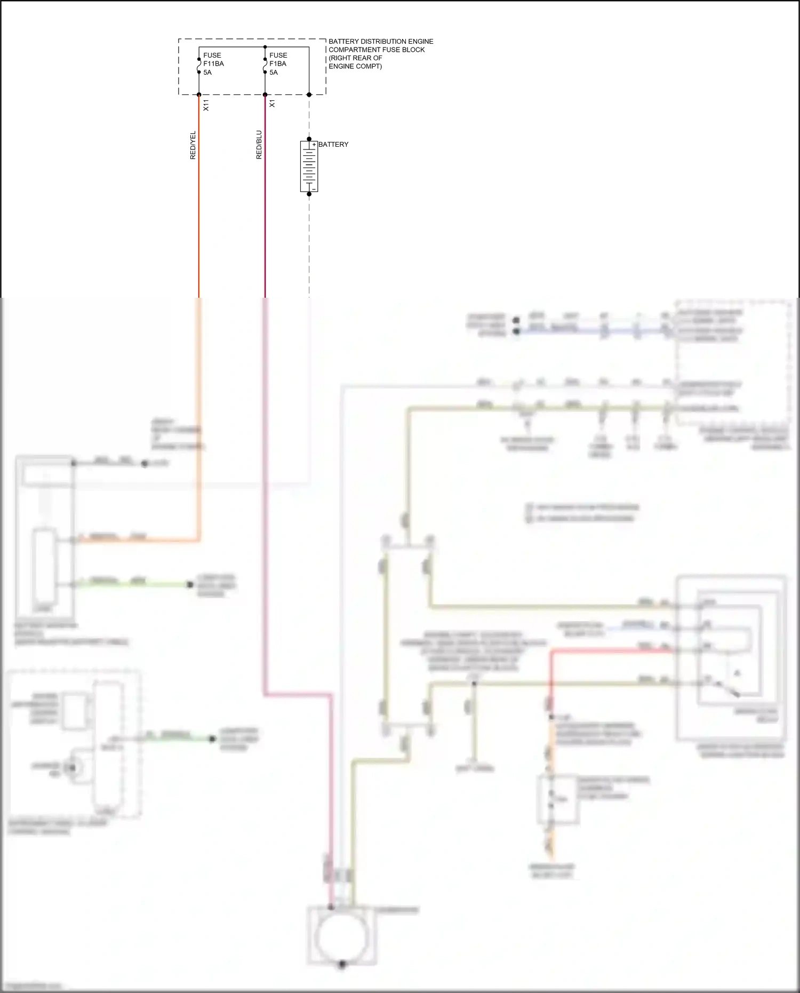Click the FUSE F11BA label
pos(213,59)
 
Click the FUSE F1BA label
pos(278,59)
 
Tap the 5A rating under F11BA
pos(207,73)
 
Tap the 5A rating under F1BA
pos(274,73)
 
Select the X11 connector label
pos(206,105)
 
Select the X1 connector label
pos(272,104)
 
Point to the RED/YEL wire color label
pos(193,145)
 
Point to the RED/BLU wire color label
pos(259,145)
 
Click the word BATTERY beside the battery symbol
pos(333,145)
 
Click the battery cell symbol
pos(309,166)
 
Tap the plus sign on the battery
pos(314,145)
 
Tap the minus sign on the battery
pos(314,189)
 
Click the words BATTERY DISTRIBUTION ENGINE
pos(381,42)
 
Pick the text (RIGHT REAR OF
pos(355,58)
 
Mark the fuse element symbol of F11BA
pos(199,64)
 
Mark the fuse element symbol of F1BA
pos(265,64)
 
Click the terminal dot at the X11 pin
pos(199,95)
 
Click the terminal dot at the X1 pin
pos(265,95)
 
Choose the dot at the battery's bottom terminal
pos(309,194)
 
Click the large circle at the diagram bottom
pos(341,938)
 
